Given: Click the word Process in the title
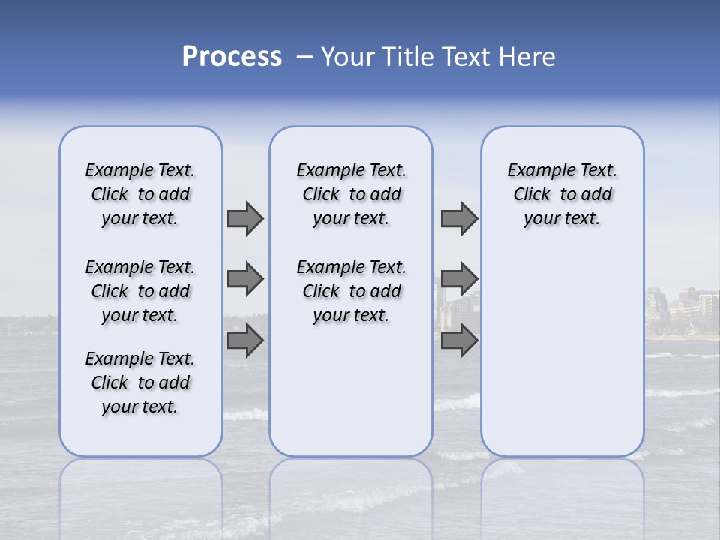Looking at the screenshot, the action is (232, 57).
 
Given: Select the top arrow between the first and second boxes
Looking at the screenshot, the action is (245, 218).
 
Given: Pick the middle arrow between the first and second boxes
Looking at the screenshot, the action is (245, 279).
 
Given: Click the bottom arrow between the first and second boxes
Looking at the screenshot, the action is (245, 340).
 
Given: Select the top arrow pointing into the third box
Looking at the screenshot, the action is (459, 218).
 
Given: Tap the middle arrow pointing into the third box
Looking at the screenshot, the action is (459, 279).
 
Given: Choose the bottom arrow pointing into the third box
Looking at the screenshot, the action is (459, 340).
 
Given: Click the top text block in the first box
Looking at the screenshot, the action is (140, 194).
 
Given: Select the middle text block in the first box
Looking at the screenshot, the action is (140, 291).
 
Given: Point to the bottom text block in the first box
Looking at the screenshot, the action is (140, 382).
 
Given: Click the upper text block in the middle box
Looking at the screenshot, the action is (351, 194).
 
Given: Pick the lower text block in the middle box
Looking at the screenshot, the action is (351, 291).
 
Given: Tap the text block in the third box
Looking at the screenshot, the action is (562, 194).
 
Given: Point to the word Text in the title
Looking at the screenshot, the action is (464, 57).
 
